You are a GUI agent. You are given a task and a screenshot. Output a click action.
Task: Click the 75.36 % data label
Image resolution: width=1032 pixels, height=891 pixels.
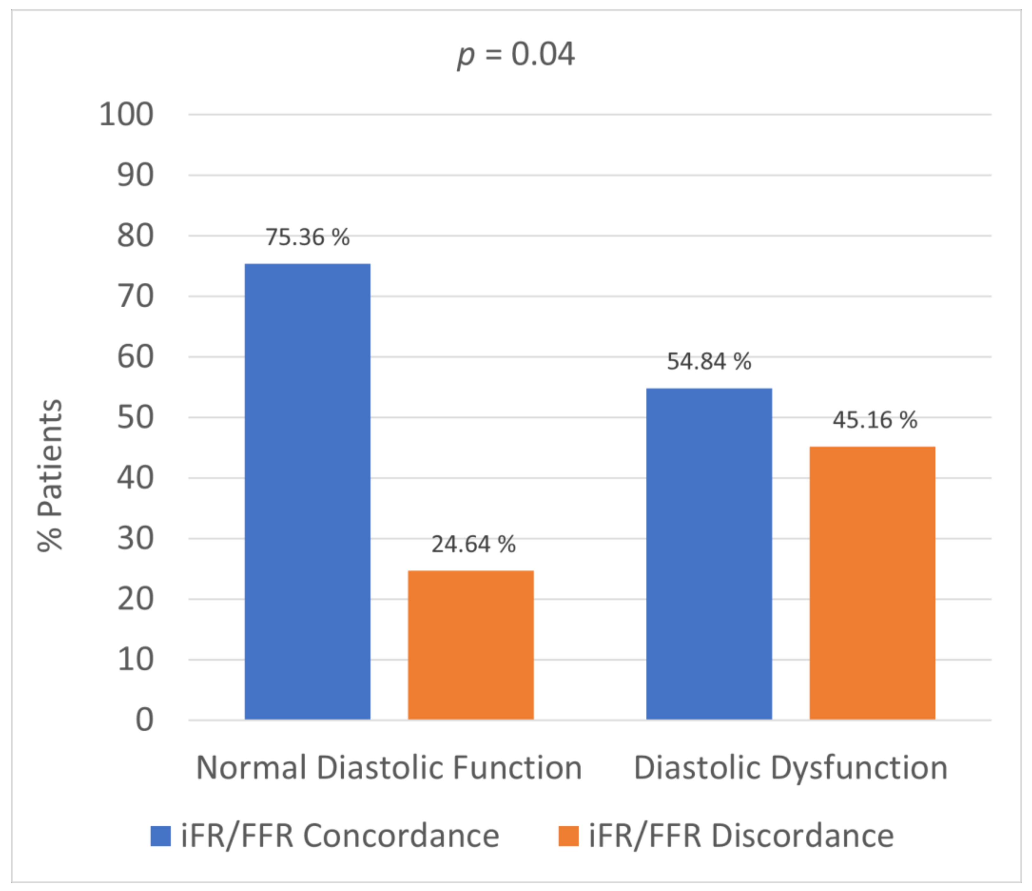(x=307, y=237)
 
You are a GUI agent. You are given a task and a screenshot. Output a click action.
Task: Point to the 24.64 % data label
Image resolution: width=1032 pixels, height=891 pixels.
(x=473, y=544)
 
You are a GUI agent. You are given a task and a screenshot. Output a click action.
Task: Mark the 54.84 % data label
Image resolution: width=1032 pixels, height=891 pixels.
(x=709, y=362)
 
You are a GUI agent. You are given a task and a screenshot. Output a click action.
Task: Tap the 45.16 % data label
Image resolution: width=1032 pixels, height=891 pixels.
(x=874, y=420)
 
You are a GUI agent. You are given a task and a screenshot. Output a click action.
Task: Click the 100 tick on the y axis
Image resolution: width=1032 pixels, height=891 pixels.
(x=126, y=115)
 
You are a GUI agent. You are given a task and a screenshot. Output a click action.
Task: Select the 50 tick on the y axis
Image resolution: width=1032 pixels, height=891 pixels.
(x=135, y=417)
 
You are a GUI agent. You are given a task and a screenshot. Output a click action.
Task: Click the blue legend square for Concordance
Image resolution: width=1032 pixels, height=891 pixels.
(x=160, y=836)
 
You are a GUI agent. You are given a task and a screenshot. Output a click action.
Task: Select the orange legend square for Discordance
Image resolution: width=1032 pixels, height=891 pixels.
(x=568, y=836)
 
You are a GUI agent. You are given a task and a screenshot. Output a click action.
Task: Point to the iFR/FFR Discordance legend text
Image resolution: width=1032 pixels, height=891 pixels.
(x=741, y=836)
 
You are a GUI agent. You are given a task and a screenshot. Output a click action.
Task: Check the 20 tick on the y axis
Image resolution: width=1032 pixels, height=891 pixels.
(x=135, y=599)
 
